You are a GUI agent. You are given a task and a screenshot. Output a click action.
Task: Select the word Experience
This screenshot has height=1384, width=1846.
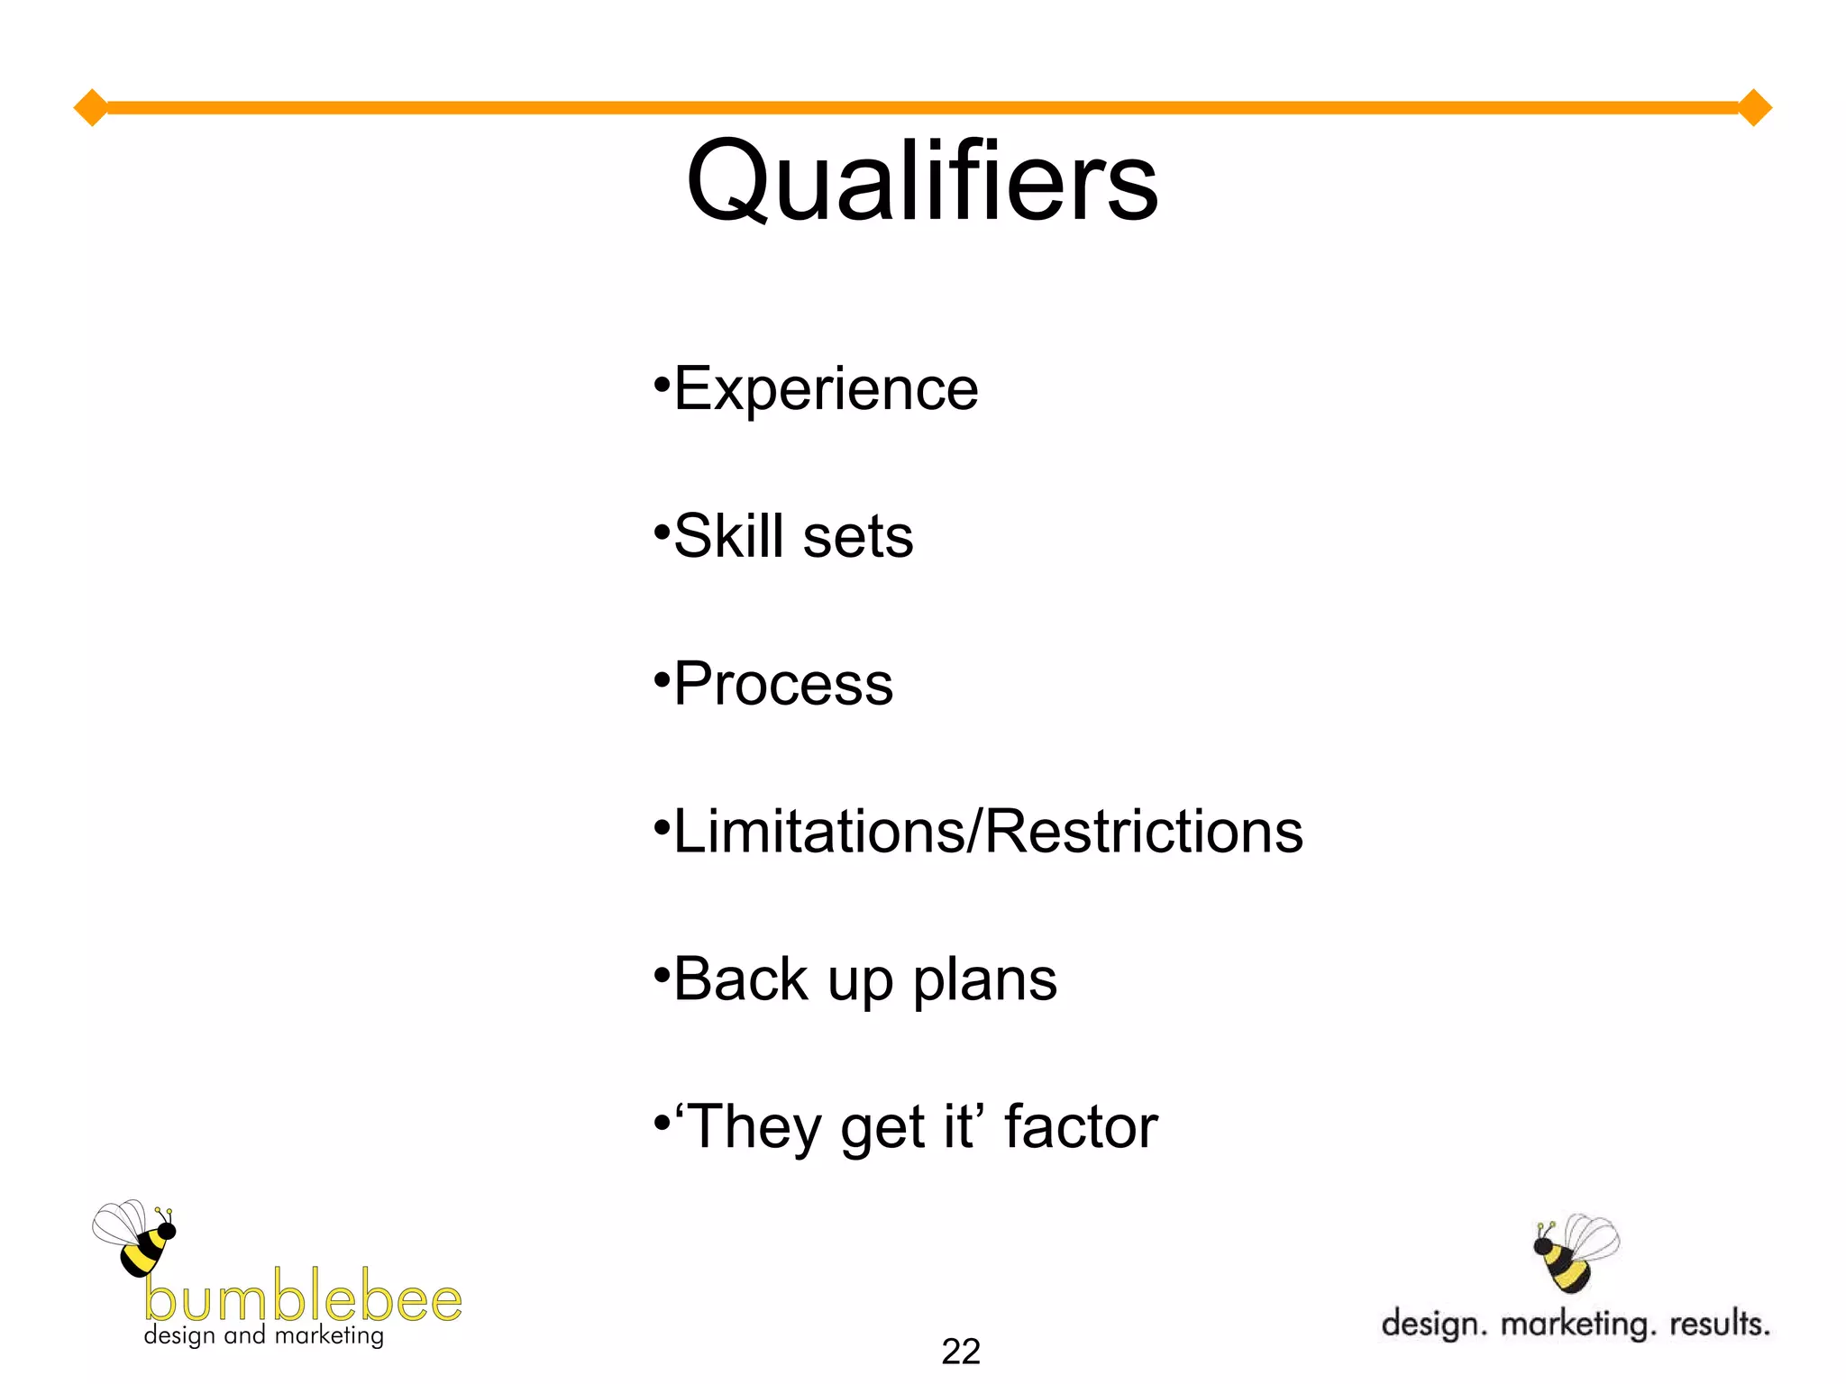click(x=826, y=389)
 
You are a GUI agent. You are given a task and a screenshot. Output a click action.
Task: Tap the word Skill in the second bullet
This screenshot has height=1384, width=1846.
click(x=728, y=536)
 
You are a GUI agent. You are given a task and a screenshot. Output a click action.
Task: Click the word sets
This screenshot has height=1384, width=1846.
click(x=857, y=538)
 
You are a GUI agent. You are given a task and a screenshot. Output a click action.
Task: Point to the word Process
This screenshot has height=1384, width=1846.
click(x=783, y=684)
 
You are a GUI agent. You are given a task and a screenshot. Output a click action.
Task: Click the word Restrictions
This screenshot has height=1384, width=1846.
click(x=1143, y=831)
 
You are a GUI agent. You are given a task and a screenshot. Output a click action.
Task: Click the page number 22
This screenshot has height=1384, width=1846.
click(x=960, y=1352)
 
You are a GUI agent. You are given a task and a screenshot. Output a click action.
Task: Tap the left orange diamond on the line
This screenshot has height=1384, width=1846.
click(x=90, y=108)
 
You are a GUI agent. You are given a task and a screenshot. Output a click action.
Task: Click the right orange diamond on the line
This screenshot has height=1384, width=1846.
click(x=1754, y=108)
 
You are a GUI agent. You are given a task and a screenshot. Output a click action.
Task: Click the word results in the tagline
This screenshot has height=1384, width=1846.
click(x=1719, y=1324)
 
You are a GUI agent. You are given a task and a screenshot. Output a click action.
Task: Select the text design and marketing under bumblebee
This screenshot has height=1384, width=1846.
click(x=263, y=1335)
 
